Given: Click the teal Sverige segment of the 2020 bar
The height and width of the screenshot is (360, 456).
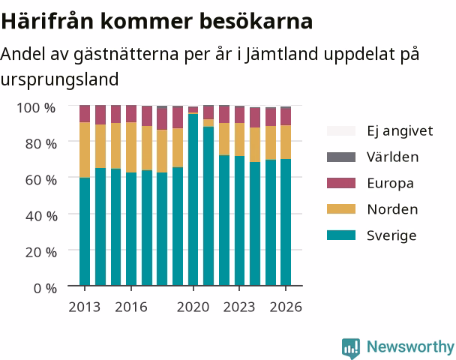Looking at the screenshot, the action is [193, 199].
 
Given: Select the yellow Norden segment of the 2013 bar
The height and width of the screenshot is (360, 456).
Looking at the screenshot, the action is [85, 150].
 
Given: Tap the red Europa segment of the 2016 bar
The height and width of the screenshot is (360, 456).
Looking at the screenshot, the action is [131, 114].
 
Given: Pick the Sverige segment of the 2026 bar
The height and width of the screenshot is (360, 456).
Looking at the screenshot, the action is [286, 222].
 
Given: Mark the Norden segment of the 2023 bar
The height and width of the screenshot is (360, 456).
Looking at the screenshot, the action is [240, 139].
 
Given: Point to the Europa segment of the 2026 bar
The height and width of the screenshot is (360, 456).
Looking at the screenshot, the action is [286, 117].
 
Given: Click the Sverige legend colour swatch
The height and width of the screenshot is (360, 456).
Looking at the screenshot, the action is [341, 235].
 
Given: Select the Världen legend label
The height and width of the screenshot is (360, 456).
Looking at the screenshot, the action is [392, 157].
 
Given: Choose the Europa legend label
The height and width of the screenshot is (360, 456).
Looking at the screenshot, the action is [390, 184].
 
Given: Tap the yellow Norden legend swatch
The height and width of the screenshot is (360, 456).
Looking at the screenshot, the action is [341, 208].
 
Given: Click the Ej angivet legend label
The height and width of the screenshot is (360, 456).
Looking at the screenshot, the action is [400, 131].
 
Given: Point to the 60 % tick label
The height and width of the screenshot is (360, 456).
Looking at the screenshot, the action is [41, 180].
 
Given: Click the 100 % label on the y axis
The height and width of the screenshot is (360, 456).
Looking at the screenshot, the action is [36, 108].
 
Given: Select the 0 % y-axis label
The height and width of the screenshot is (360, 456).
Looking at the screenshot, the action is [45, 289].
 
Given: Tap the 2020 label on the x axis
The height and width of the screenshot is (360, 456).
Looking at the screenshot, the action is [193, 307].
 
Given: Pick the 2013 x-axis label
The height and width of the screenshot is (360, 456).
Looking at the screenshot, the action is [84, 307].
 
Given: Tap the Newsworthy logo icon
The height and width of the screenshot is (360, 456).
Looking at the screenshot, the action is [351, 348].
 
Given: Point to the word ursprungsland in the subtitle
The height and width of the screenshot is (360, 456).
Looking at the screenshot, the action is [59, 79].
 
